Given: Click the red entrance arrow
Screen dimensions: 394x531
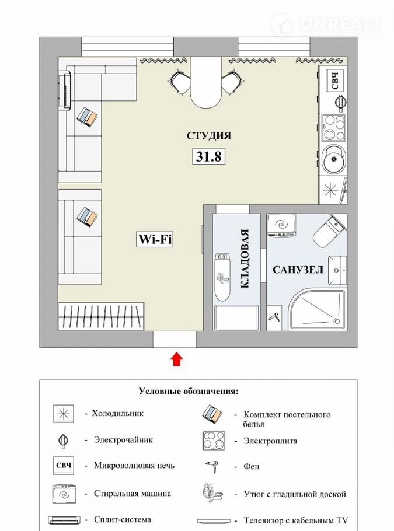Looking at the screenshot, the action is (x=176, y=359).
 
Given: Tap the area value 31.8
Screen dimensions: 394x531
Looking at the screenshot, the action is (x=209, y=156).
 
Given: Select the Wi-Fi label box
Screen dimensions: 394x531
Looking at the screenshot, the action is (x=155, y=239).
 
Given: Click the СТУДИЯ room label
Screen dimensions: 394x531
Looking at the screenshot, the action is (x=209, y=135).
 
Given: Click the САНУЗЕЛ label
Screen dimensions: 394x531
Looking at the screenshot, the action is (x=298, y=270).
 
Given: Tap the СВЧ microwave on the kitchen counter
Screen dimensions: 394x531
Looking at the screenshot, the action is (x=334, y=80).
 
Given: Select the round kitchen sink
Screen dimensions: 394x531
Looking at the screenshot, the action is (x=333, y=159).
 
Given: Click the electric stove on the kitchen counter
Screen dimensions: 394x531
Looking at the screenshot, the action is (x=333, y=127).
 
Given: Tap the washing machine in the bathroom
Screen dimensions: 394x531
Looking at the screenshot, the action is (x=282, y=225).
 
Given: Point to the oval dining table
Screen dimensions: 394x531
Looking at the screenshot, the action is (x=205, y=82).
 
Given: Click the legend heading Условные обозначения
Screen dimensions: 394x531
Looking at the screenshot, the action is (x=189, y=392).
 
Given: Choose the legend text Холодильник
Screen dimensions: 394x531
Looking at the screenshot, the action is (x=117, y=414).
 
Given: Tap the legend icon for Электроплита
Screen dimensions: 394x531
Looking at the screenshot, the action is (x=214, y=441).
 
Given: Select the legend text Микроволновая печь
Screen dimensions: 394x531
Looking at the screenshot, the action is (x=134, y=466).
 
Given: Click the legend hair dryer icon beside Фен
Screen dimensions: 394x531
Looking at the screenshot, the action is (x=212, y=467).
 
